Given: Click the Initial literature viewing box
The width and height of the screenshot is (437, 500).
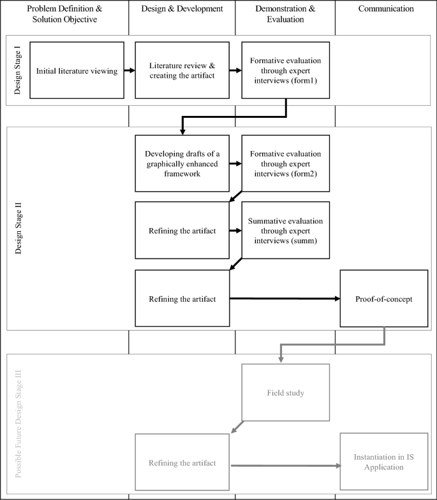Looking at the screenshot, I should (x=77, y=71).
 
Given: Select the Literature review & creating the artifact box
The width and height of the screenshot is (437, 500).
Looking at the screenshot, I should (x=182, y=71).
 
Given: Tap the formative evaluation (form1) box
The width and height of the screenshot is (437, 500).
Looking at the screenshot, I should (x=285, y=71).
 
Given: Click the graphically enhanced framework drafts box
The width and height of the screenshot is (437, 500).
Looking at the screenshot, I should (x=182, y=163).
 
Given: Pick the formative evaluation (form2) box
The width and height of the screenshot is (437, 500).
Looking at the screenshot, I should (x=285, y=163).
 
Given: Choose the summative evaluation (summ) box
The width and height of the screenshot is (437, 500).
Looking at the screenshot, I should (x=285, y=230).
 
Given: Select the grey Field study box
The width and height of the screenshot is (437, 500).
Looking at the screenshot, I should (x=285, y=392).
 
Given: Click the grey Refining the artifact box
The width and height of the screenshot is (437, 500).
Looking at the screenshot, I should (x=182, y=463).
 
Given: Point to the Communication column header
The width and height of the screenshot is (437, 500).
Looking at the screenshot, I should (x=385, y=9).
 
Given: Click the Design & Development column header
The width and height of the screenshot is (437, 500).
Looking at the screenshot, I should (x=182, y=9).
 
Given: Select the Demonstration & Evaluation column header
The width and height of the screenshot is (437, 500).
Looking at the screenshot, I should (x=285, y=14).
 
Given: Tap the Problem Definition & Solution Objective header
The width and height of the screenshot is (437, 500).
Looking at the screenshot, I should (x=64, y=14).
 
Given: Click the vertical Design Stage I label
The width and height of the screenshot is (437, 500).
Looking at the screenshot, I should (x=18, y=71).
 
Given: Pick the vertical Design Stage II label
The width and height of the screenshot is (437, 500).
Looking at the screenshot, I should (x=18, y=228).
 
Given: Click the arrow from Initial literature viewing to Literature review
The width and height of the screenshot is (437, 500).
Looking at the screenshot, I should (x=130, y=71).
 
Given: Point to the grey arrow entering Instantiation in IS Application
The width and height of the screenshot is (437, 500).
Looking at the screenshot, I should (x=285, y=466).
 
